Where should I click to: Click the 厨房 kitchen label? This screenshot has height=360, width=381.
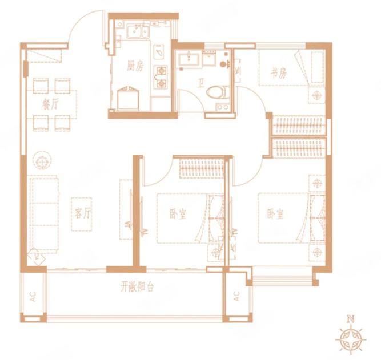[x=135, y=66]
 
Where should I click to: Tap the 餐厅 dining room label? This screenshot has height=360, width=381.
[x=50, y=105]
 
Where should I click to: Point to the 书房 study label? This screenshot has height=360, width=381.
[x=279, y=73]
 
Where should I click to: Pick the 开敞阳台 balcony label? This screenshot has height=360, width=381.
[x=137, y=288]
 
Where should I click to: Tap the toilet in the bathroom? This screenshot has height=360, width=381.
[x=218, y=92]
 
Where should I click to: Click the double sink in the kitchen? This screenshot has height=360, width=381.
[x=138, y=30]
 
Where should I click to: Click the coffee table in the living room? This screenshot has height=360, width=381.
[x=82, y=214]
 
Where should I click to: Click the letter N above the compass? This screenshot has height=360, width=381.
[x=350, y=318]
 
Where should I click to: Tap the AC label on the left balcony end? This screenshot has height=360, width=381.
[x=33, y=297]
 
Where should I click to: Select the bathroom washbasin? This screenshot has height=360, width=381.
[x=189, y=59]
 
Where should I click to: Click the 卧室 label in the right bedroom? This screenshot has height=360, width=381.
[x=276, y=215]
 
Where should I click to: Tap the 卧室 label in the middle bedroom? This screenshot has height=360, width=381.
[x=178, y=214]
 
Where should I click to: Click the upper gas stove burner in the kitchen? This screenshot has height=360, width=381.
[x=161, y=71]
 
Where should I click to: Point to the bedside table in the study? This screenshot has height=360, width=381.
[x=317, y=95]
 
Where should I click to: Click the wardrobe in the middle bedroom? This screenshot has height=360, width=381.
[x=202, y=168]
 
